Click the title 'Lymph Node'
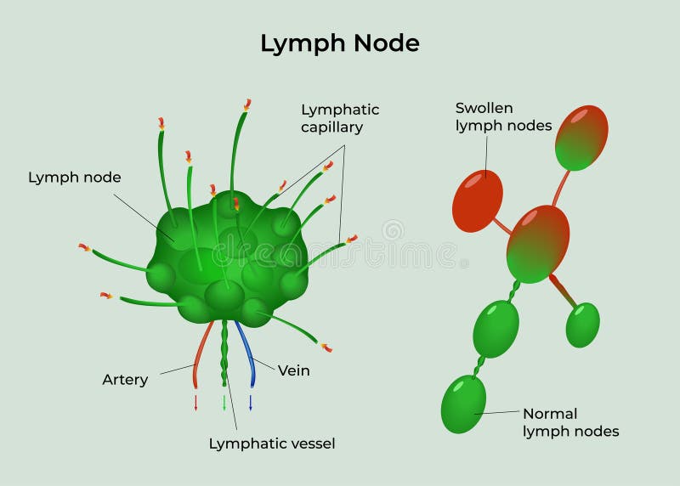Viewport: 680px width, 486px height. [x=339, y=43]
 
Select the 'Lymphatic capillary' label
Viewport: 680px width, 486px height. [x=340, y=118]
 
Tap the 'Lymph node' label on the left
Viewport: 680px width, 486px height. [x=75, y=178]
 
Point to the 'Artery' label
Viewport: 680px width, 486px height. [x=125, y=380]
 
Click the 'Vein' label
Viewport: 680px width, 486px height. [x=294, y=370]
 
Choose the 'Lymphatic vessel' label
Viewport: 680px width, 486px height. [x=272, y=443]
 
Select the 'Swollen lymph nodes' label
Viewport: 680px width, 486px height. [x=503, y=117]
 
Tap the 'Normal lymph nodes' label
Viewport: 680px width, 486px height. [x=570, y=422]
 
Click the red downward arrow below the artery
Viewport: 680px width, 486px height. [x=195, y=402]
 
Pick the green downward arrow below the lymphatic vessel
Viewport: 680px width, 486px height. [x=224, y=402]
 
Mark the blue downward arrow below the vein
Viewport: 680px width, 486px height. [x=251, y=402]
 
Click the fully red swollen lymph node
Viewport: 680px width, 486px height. [x=477, y=201]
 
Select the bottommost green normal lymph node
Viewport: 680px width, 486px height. [x=463, y=404]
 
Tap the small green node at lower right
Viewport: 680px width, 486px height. [x=582, y=325]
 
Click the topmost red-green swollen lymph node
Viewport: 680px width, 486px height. [x=581, y=138]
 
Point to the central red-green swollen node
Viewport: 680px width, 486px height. [x=538, y=244]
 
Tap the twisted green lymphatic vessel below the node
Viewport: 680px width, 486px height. [x=224, y=353]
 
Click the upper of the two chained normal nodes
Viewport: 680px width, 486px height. [x=496, y=328]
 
